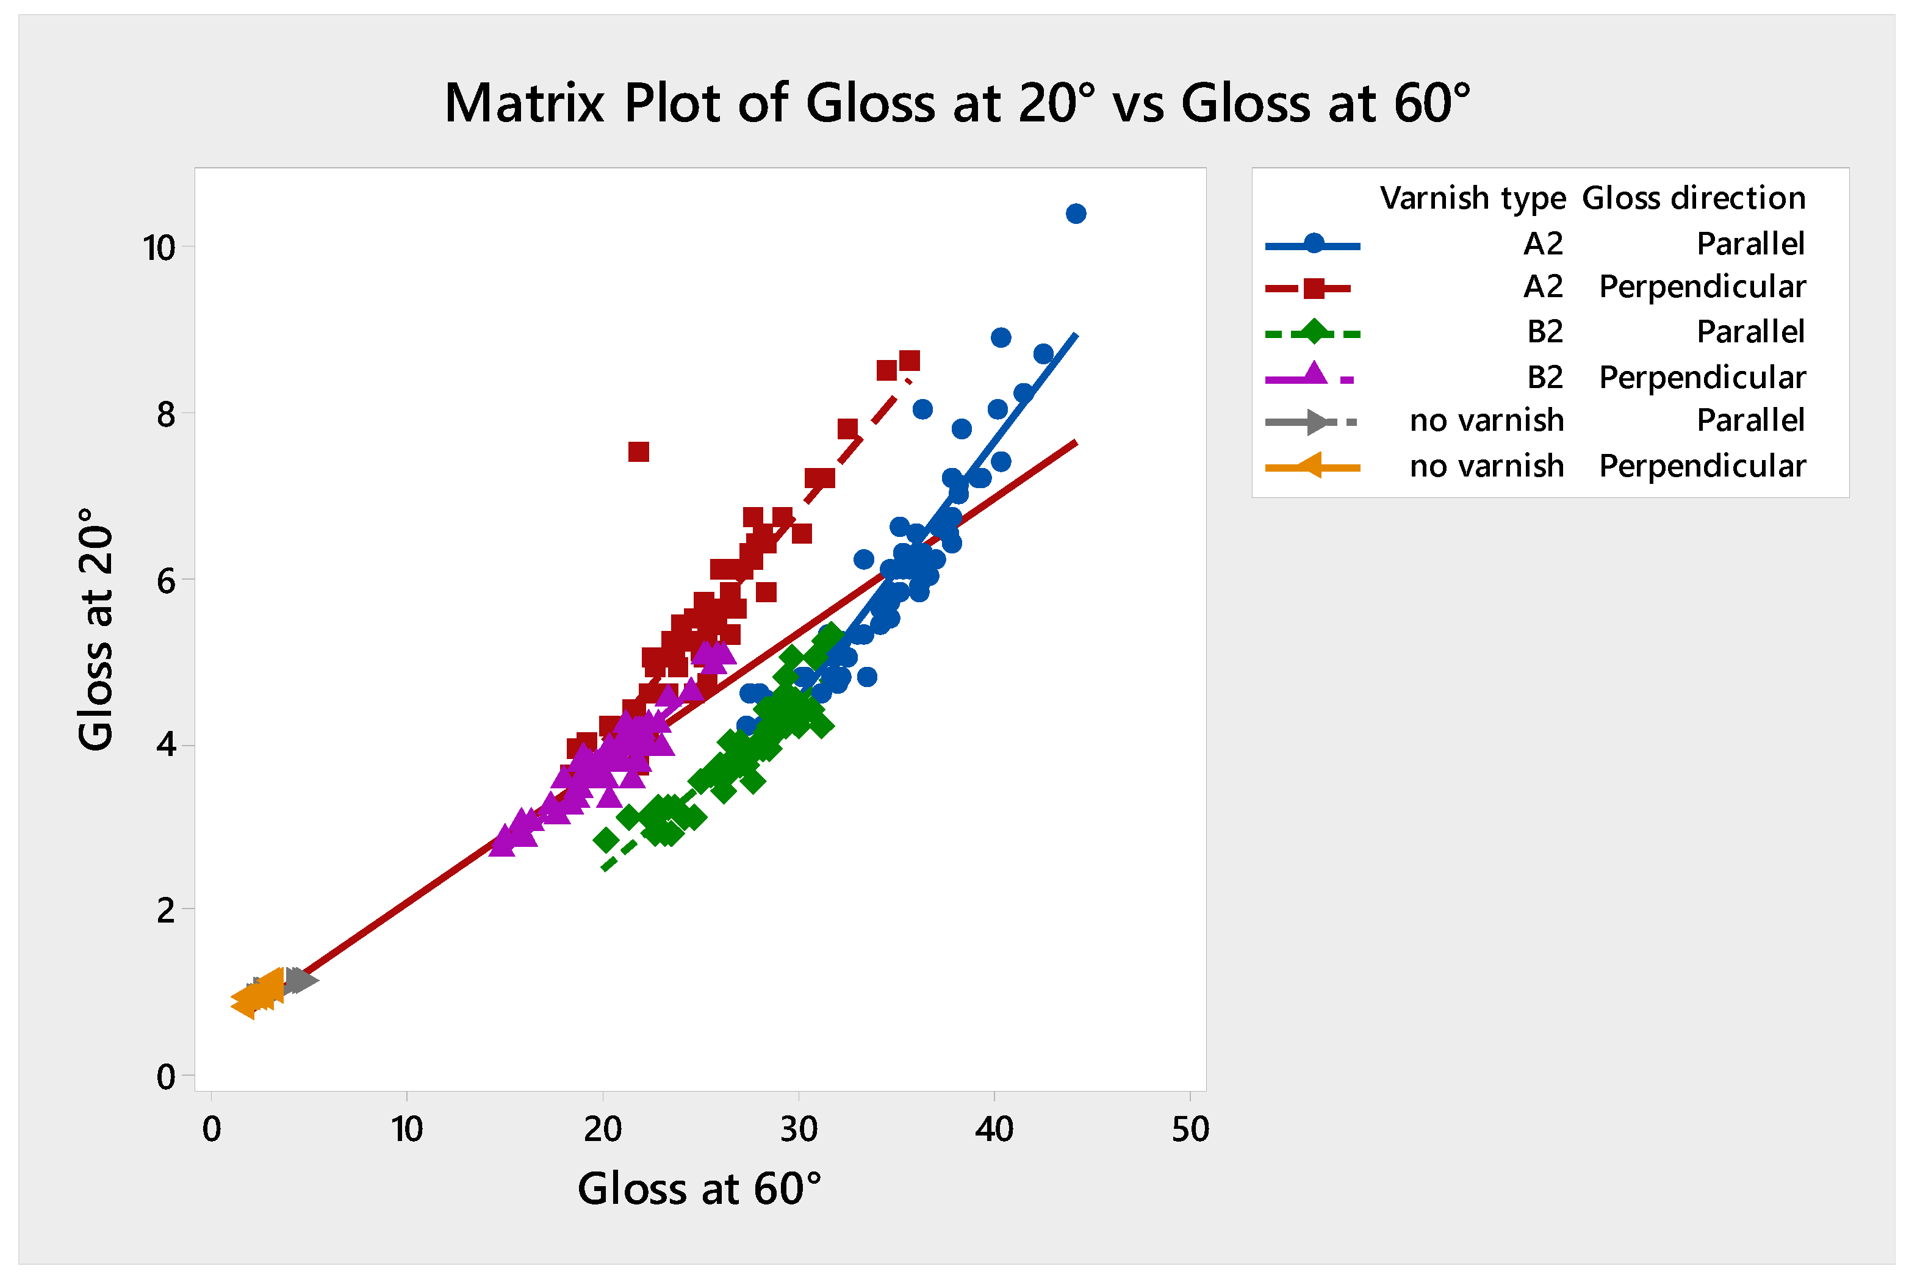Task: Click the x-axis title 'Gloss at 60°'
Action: pos(699,1189)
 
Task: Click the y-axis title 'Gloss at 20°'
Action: pos(96,628)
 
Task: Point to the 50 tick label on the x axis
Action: pos(1190,1130)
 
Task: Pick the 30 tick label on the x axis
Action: pos(798,1130)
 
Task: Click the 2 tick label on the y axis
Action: pos(167,910)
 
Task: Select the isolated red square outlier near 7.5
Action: pos(638,452)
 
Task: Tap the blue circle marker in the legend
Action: pos(1314,244)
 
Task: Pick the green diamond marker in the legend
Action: pos(1314,333)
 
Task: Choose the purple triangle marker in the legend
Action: pos(1314,375)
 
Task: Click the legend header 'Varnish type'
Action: pos(1472,198)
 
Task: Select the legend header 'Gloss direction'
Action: pos(1694,198)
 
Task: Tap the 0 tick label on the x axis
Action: pos(211,1130)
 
